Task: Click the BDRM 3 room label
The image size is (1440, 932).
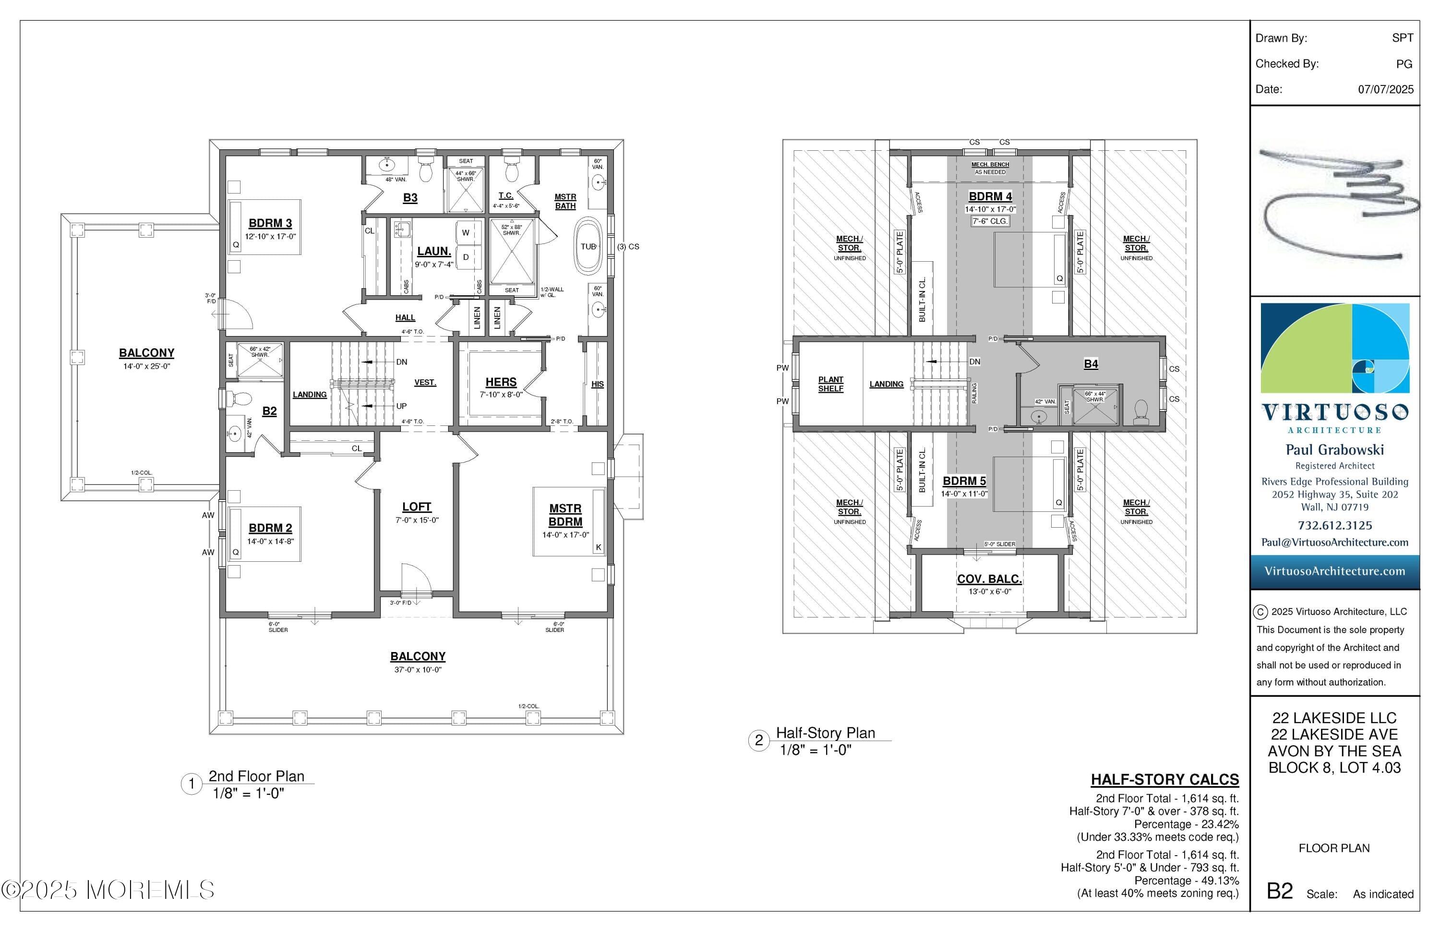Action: [270, 223]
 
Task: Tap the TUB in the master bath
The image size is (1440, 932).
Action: [588, 247]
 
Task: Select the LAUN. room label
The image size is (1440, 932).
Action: [434, 251]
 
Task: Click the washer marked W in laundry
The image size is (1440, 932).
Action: [465, 232]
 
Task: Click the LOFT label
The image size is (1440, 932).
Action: [416, 507]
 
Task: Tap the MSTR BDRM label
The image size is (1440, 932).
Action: [565, 515]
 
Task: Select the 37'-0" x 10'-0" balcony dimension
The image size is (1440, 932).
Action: [418, 670]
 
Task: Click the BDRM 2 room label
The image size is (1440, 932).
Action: [270, 528]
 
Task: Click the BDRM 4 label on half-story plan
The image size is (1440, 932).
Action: [990, 197]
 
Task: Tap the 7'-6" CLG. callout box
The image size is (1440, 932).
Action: [990, 221]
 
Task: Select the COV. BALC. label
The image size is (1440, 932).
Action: [989, 579]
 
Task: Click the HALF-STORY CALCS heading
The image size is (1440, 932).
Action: [1164, 779]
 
